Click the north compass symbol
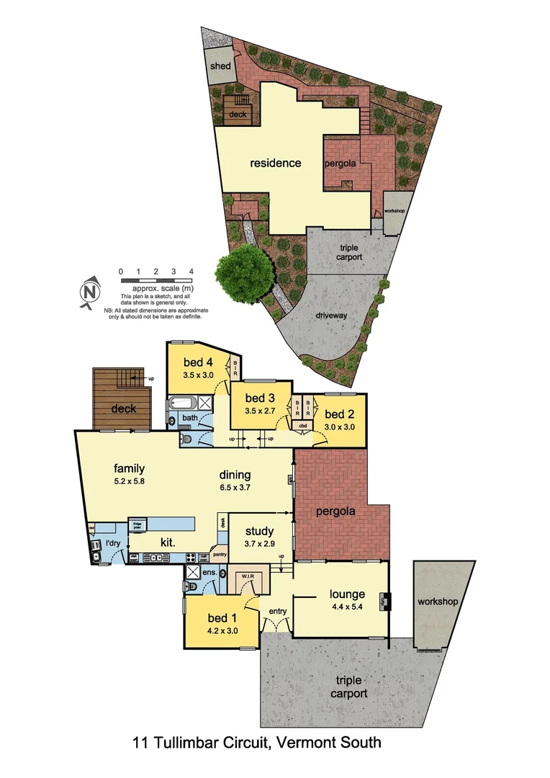pos(88,292)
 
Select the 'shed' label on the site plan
pos(220,66)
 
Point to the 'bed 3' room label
pos(261,398)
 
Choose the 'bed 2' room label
pos(340,413)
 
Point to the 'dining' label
pos(235,475)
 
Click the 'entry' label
pos(278,612)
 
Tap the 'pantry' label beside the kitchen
pos(219,555)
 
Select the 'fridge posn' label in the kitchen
pos(137,524)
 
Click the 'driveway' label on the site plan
pos(331,316)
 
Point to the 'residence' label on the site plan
pos(276,163)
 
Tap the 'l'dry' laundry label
pos(113,542)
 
